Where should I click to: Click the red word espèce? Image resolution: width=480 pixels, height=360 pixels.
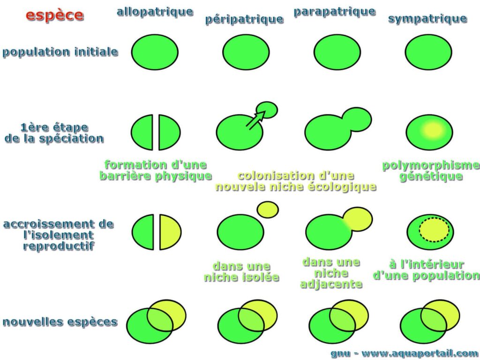tap(55, 15)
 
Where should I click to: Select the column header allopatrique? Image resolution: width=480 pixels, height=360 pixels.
tap(155, 12)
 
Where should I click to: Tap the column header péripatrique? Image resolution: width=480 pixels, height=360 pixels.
tap(244, 19)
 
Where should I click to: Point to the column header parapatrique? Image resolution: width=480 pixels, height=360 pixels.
tap(334, 11)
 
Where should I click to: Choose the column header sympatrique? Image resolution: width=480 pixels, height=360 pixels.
tap(427, 19)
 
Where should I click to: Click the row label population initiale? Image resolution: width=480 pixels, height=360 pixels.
tap(60, 52)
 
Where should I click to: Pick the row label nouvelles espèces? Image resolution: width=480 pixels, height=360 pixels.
tap(60, 322)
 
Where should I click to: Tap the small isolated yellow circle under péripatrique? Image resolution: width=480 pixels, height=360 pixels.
tap(268, 209)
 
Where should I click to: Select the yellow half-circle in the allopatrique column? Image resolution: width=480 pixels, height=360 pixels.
tap(169, 232)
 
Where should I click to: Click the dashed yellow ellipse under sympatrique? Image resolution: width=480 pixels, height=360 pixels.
tap(434, 230)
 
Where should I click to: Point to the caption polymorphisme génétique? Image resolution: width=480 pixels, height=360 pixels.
tap(431, 171)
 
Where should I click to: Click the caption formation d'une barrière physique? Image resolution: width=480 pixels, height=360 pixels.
tap(155, 170)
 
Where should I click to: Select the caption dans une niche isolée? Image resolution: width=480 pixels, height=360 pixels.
tap(241, 272)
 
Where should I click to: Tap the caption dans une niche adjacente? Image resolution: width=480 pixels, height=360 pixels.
tap(331, 273)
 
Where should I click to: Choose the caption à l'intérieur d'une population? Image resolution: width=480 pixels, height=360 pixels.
tap(426, 270)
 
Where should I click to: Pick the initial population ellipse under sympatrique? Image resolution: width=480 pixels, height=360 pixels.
tap(428, 52)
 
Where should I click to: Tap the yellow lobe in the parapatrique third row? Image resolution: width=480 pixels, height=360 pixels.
tap(358, 219)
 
